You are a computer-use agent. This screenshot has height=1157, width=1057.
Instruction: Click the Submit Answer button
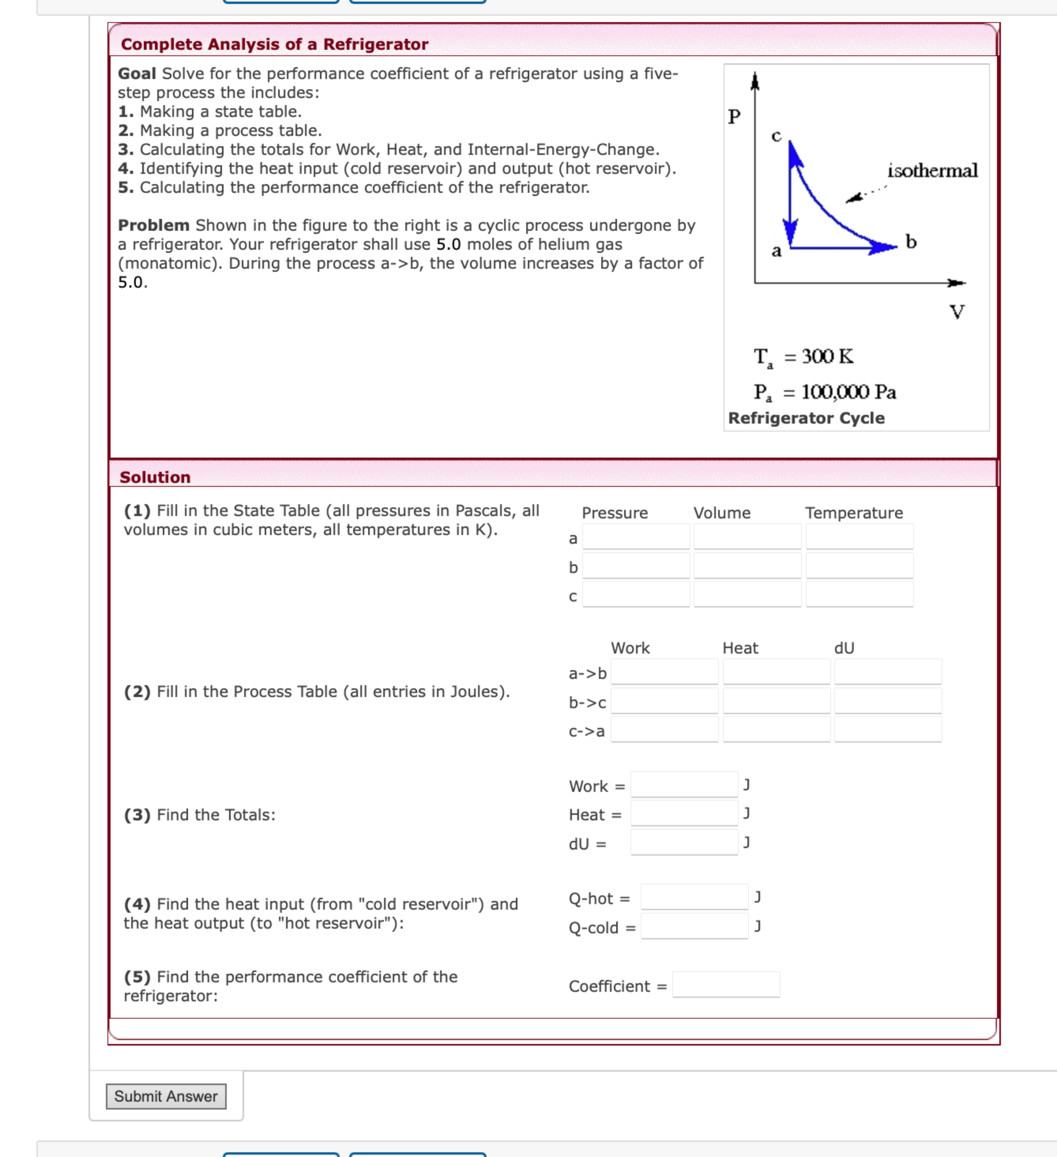click(x=166, y=1096)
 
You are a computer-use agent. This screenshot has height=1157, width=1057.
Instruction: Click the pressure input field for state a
click(x=636, y=537)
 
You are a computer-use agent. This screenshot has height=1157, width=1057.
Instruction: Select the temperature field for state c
click(x=859, y=594)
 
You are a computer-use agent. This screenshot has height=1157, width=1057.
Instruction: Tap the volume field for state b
click(x=747, y=565)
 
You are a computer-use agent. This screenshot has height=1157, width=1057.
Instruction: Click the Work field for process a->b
click(x=664, y=671)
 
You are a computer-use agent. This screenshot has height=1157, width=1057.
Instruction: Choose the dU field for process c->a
click(x=887, y=729)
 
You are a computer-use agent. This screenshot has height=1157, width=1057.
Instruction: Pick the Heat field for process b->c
click(x=776, y=701)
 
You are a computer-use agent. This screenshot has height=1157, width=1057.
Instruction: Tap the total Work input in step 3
click(x=683, y=784)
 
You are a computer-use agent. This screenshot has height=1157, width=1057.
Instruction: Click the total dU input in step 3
click(x=683, y=842)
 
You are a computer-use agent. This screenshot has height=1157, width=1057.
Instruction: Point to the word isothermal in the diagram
click(x=932, y=170)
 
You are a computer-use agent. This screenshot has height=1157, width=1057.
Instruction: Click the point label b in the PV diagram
click(x=911, y=241)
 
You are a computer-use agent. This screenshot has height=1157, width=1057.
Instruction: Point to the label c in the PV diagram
click(x=776, y=136)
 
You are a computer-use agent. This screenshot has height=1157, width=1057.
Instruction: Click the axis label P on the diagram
click(x=734, y=117)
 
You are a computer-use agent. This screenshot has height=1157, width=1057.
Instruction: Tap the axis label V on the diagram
click(x=957, y=312)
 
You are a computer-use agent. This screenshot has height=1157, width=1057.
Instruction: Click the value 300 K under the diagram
click(x=827, y=356)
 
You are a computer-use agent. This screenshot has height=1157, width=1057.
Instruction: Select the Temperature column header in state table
click(x=853, y=513)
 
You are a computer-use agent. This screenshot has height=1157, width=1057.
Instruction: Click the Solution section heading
click(x=155, y=477)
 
